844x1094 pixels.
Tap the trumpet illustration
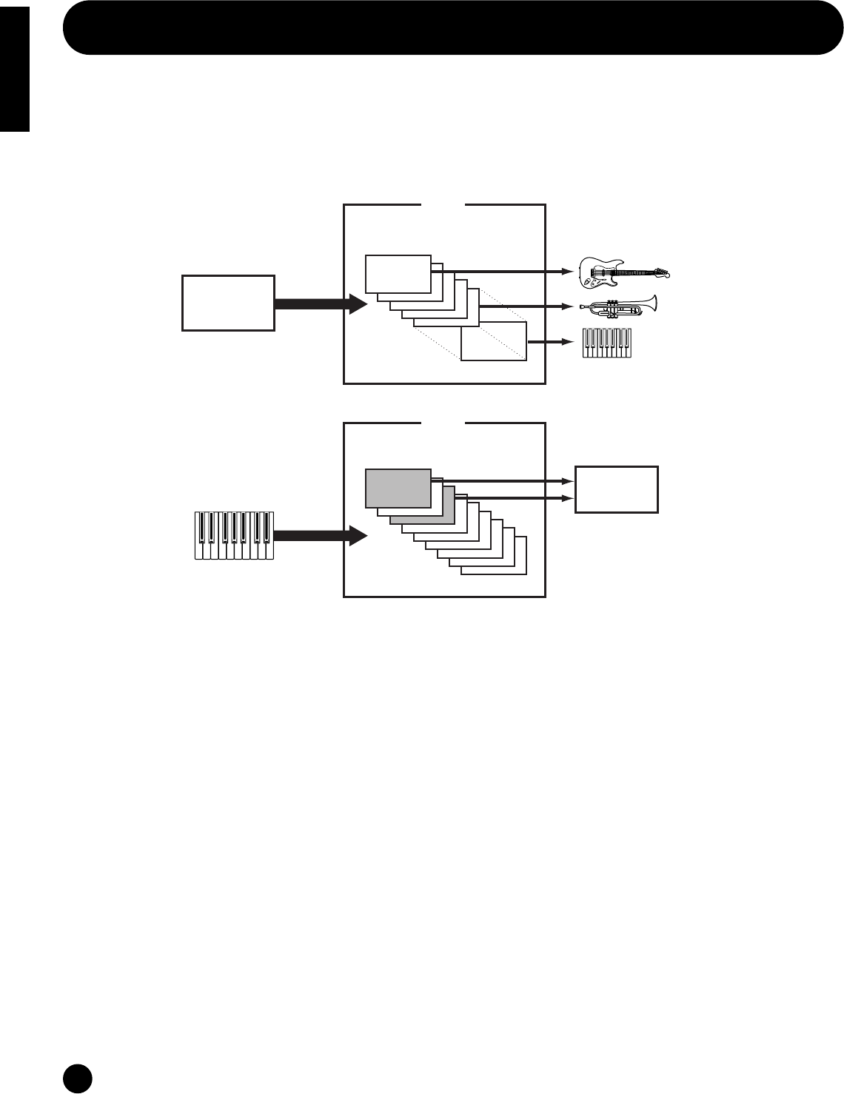(x=618, y=305)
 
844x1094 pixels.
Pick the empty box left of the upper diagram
(x=228, y=303)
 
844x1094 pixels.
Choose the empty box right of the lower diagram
(x=617, y=489)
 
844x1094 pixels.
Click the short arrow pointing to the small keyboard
(x=552, y=342)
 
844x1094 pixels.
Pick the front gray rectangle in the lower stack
(x=398, y=488)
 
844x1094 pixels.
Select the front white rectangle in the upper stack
(x=398, y=274)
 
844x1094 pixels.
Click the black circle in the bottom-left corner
(x=77, y=1078)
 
